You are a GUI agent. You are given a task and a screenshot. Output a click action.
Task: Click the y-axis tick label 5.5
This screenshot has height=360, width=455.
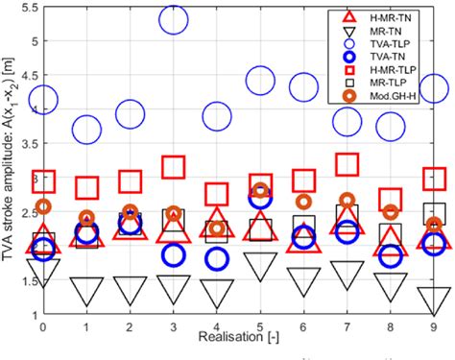pos(21,8)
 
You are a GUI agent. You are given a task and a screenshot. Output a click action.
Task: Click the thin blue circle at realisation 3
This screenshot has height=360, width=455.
pos(174,16)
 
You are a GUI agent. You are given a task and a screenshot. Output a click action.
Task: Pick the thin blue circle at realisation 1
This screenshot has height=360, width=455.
pos(86,128)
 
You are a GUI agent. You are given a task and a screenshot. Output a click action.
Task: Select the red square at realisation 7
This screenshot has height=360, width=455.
pos(348,164)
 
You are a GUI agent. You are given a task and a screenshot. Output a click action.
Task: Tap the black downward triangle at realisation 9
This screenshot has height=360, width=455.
pos(436,299)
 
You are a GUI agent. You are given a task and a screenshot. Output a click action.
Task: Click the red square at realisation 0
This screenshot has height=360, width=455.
pos(43,180)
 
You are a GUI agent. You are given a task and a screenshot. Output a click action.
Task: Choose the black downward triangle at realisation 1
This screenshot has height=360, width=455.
pos(86,291)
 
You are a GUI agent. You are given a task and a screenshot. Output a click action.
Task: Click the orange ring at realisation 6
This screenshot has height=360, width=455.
pos(304,202)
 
